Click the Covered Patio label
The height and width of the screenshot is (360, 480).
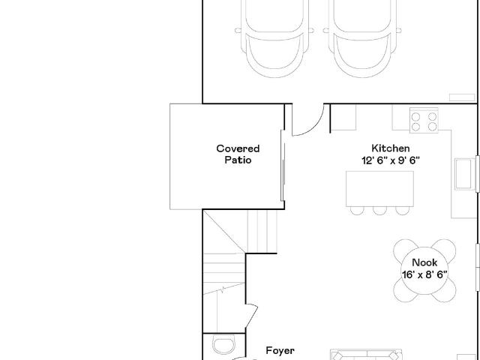coord(238,154)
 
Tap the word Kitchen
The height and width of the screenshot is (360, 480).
coord(391,148)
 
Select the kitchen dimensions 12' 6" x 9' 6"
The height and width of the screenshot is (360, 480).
coord(391,160)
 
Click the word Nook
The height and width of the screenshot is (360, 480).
coord(424,262)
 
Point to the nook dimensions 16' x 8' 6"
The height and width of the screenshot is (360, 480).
coord(424,274)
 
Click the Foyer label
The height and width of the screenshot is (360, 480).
coord(280,351)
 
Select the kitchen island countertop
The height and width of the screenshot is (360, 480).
coord(379,189)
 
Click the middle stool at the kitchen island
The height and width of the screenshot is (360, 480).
coord(379,211)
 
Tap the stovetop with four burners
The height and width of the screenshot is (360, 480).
coord(424,120)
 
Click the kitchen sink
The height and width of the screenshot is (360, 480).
coord(465,174)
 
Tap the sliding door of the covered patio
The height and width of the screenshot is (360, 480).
coord(283,165)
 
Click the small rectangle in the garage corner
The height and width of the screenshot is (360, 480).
coord(462,97)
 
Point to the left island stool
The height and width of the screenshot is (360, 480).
coord(357,211)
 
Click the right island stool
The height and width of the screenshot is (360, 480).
coord(402,211)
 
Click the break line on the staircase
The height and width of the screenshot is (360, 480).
coord(223,289)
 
